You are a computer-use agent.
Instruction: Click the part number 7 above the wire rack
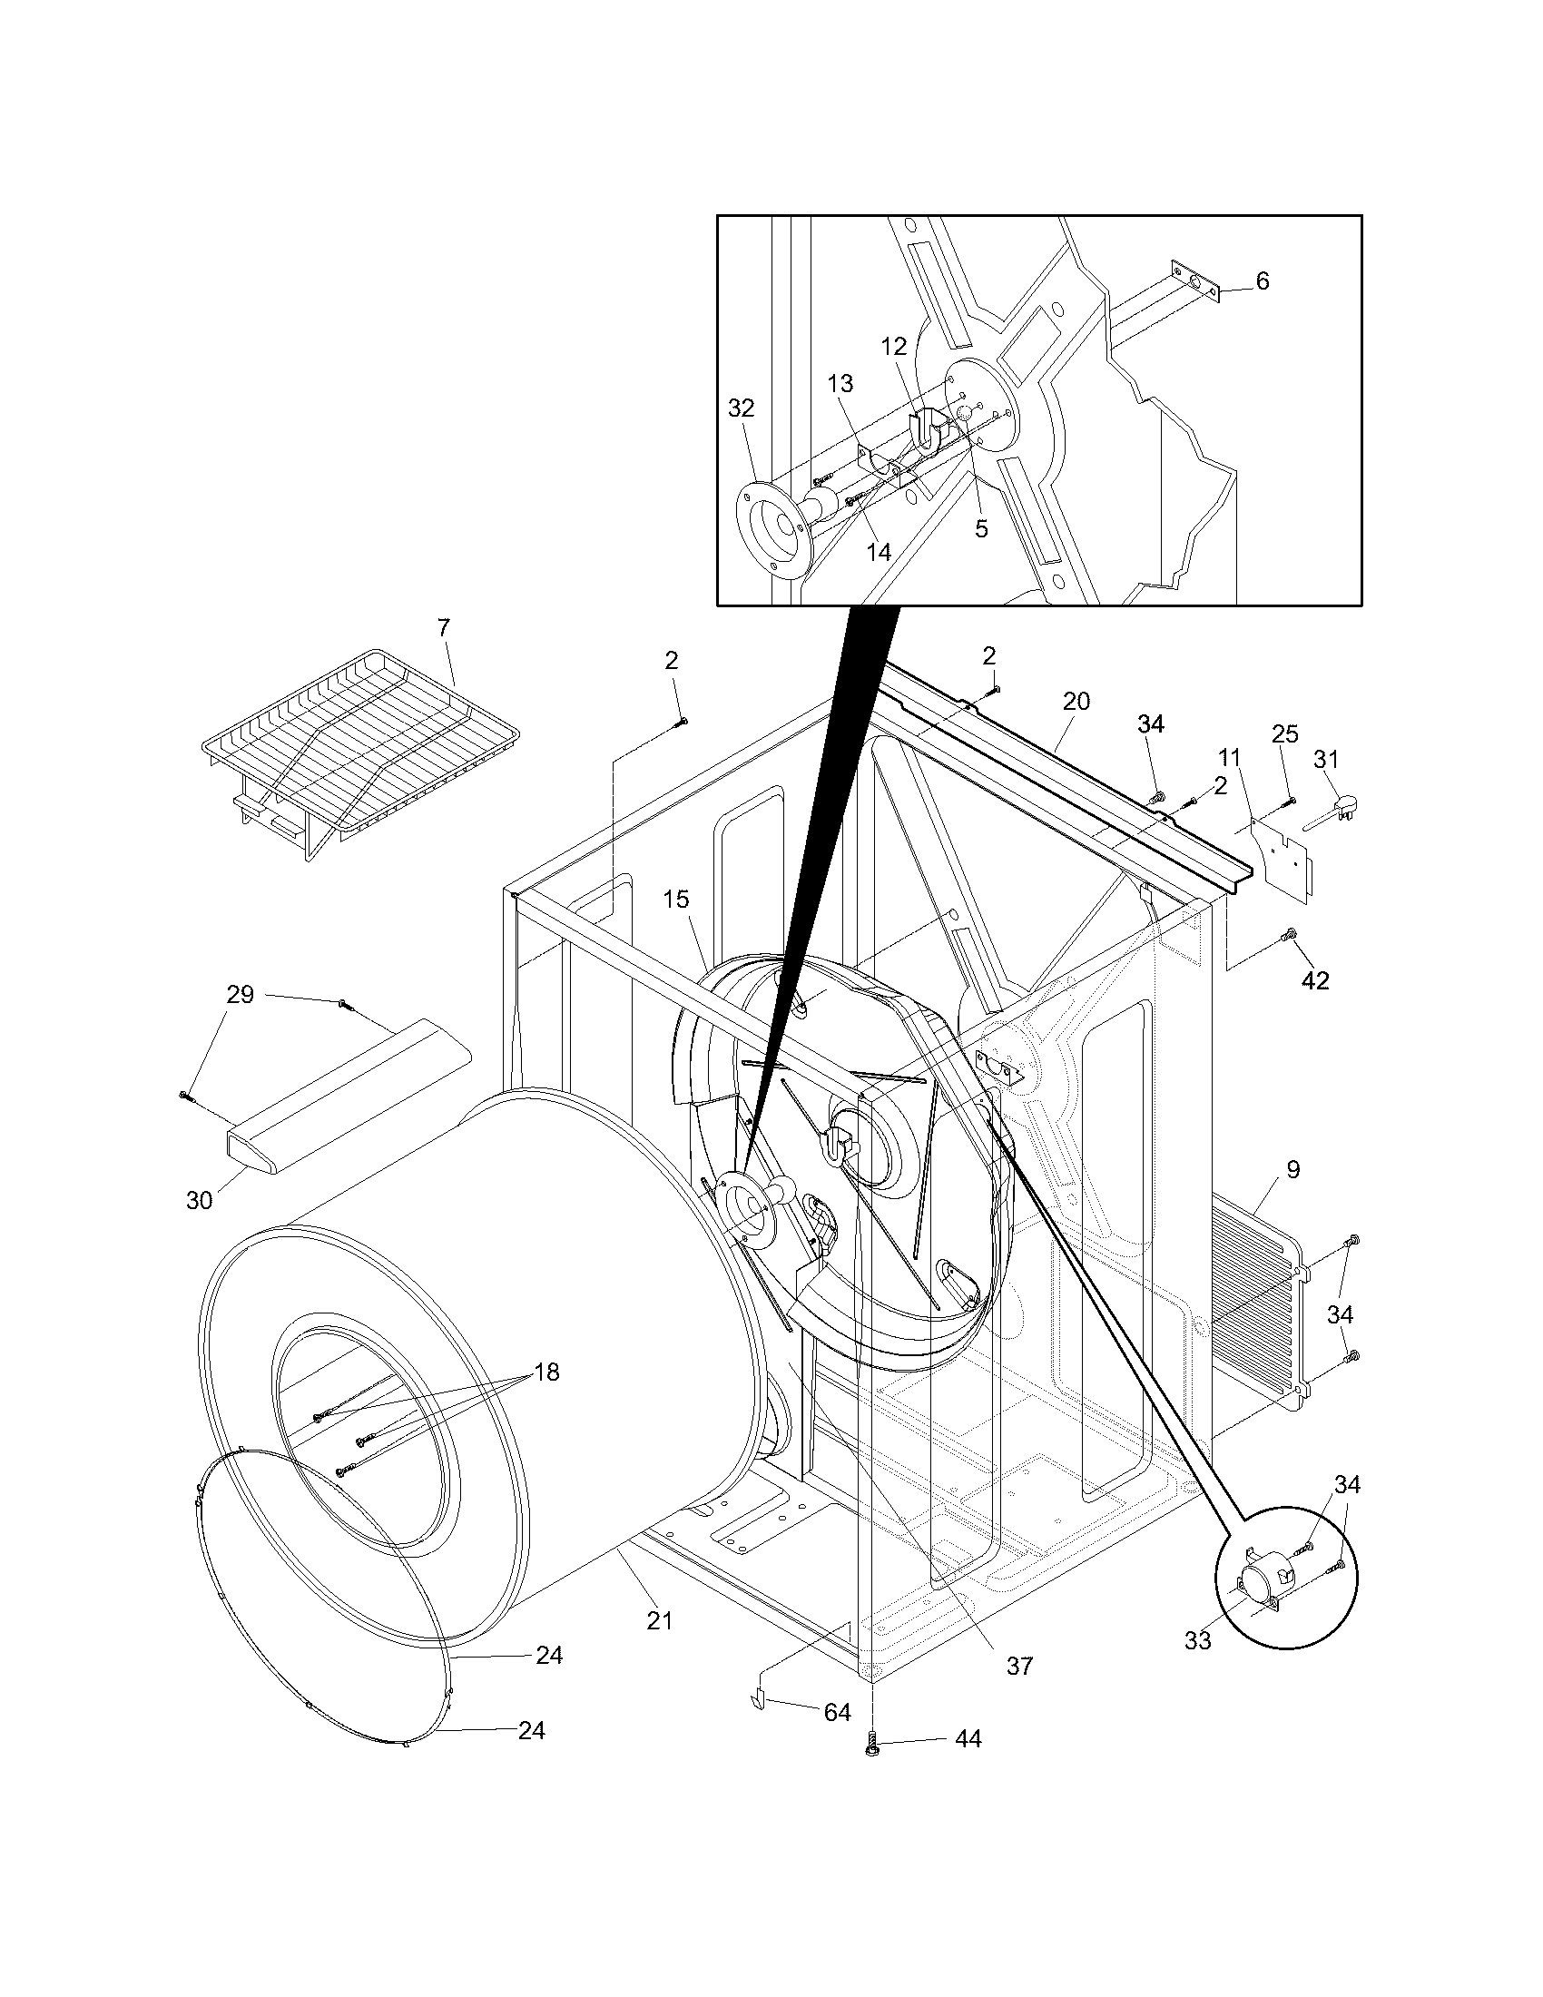tap(443, 628)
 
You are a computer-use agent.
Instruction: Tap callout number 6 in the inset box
tap(1263, 281)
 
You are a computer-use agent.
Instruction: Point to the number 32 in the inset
tap(742, 408)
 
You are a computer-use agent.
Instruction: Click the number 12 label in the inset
tap(894, 347)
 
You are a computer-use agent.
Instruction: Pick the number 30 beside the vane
tap(200, 1201)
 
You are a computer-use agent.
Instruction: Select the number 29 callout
tap(240, 994)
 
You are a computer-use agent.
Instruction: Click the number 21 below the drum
tap(659, 1621)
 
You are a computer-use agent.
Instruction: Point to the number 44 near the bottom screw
tap(968, 1765)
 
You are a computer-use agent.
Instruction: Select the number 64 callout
tap(838, 1713)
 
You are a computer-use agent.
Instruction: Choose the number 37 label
tap(1019, 1666)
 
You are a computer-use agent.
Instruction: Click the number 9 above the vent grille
tap(1292, 1169)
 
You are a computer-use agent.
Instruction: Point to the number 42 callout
tap(1315, 980)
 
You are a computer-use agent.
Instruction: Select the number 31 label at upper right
tap(1326, 760)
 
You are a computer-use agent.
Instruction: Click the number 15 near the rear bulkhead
tap(676, 900)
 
